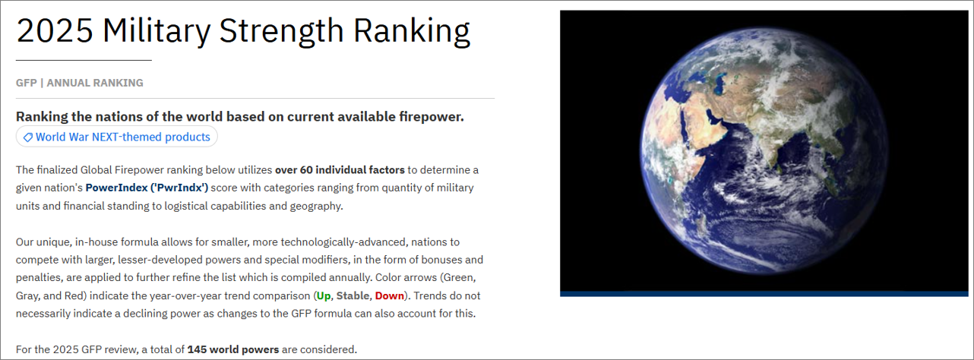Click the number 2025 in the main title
tap(55, 31)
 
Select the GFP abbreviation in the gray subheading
tap(26, 83)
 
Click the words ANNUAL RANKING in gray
tap(95, 83)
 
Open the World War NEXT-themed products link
tap(122, 137)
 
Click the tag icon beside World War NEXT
tap(28, 137)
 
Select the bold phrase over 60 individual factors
tap(340, 170)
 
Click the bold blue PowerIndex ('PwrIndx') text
tap(147, 188)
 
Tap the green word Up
tap(324, 296)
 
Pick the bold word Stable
tap(353, 295)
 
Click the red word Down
tap(390, 295)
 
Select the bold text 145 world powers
tap(233, 349)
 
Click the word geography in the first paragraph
tap(316, 206)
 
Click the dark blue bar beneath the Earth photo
tap(764, 294)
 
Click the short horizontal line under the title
tap(84, 60)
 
